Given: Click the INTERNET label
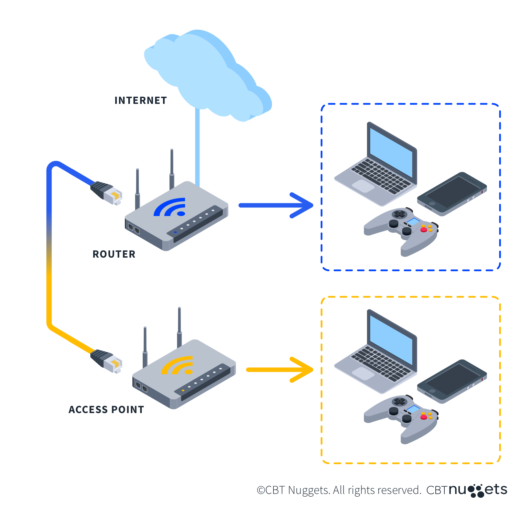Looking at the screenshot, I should click(141, 100).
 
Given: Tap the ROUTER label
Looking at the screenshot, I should click(114, 254).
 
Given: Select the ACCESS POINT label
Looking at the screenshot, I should click(106, 410).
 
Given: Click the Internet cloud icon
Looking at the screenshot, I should click(206, 76).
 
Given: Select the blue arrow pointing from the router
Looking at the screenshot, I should click(275, 205).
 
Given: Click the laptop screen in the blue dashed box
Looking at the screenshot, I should click(391, 151).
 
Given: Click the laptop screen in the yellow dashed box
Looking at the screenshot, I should click(391, 339).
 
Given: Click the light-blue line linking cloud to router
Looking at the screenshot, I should click(197, 148).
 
